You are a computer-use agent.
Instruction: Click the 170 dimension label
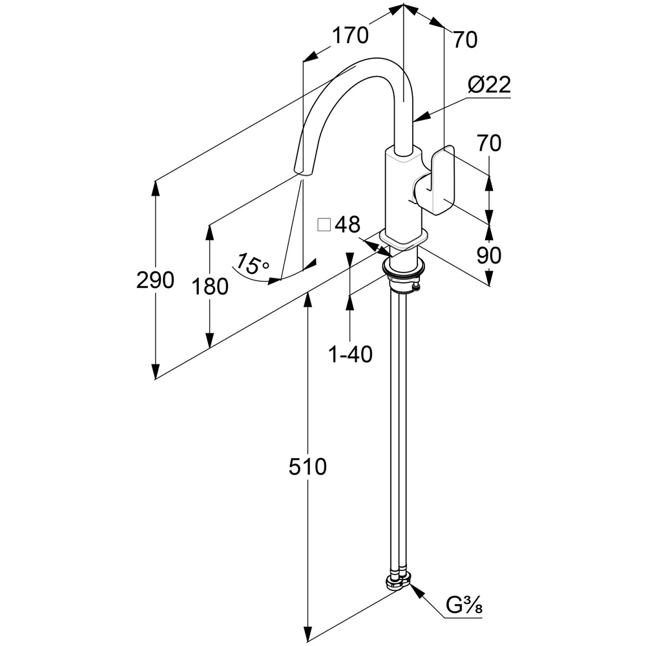(x=350, y=36)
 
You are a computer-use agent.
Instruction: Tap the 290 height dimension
(x=155, y=280)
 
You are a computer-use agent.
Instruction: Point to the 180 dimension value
(x=210, y=286)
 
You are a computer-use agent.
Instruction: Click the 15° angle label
(x=251, y=264)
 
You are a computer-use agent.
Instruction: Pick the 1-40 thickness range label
(x=350, y=354)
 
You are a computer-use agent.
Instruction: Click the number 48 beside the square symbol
(x=347, y=225)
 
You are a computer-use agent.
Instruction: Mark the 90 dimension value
(x=488, y=255)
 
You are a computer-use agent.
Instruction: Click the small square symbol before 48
(x=324, y=225)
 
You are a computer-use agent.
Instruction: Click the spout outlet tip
(x=302, y=170)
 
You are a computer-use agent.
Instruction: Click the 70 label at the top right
(x=465, y=40)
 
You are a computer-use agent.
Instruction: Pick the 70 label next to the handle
(x=488, y=143)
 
